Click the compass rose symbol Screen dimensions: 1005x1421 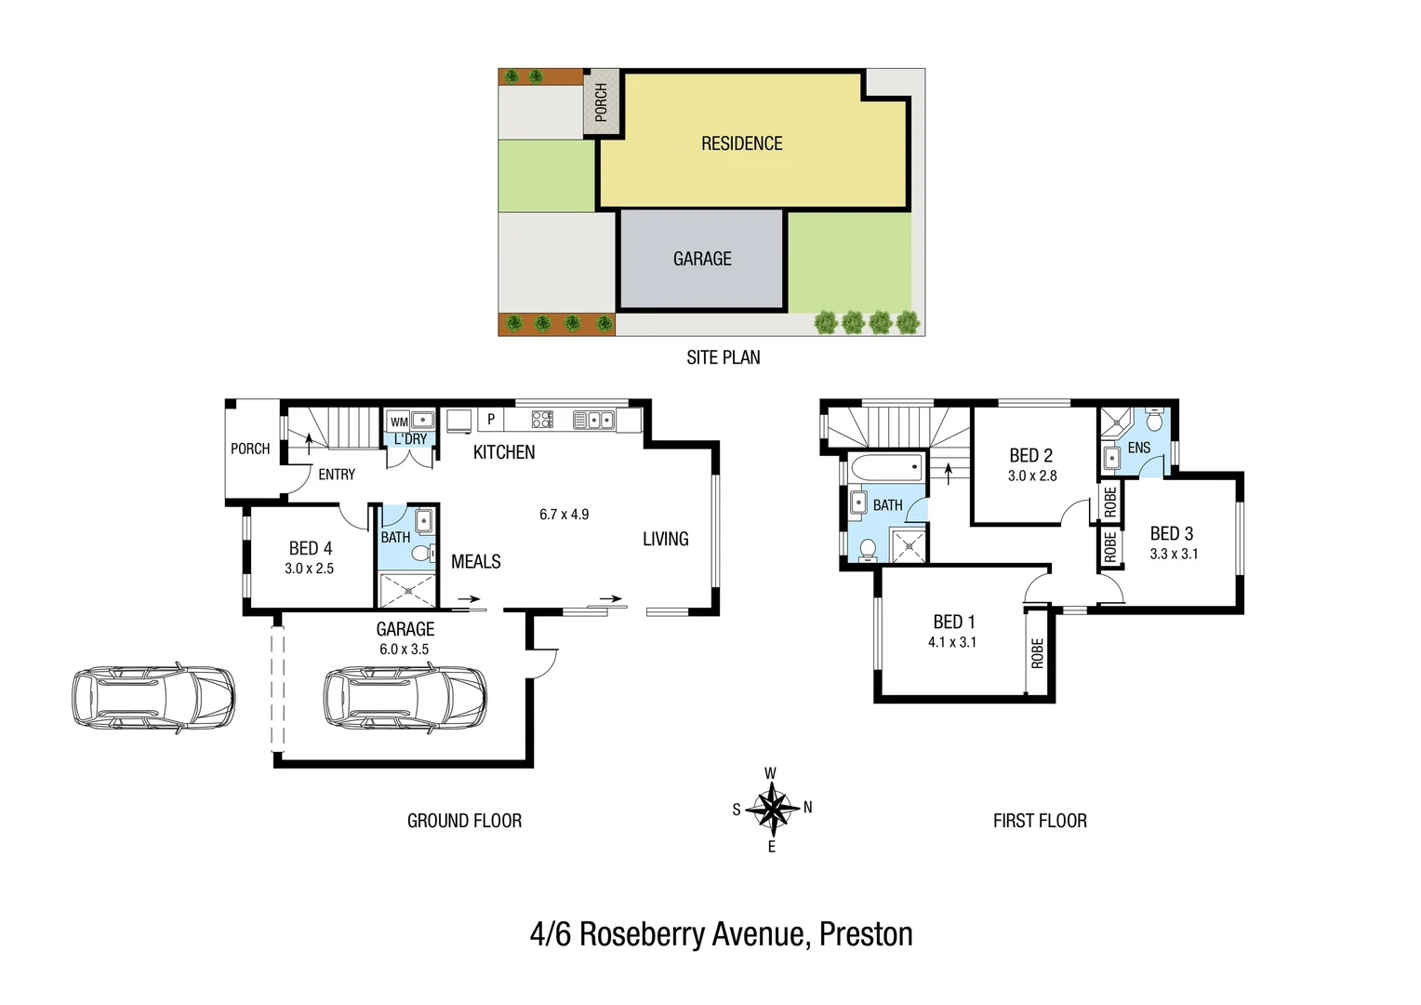click(x=772, y=808)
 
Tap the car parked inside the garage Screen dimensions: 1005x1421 click(x=405, y=697)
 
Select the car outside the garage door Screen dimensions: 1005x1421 click(x=153, y=698)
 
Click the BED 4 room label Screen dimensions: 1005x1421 click(x=311, y=548)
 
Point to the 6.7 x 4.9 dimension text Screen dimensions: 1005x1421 click(x=564, y=515)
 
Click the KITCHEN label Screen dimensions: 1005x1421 click(x=504, y=453)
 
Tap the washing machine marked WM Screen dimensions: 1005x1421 click(x=399, y=422)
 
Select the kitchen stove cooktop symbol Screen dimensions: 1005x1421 click(x=542, y=420)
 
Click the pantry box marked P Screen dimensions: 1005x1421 click(x=491, y=420)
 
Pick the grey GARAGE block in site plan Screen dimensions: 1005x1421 click(x=702, y=259)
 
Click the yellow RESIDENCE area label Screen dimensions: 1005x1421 click(x=741, y=143)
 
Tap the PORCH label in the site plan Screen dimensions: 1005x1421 click(x=602, y=101)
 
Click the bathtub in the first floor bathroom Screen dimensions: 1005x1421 click(x=886, y=467)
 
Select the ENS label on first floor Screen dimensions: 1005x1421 click(x=1139, y=449)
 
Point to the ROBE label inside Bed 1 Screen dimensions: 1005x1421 click(x=1038, y=653)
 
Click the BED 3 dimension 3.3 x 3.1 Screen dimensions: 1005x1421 click(x=1174, y=554)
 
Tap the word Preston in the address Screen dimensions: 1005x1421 click(x=866, y=934)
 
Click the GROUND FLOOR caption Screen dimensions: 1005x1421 click(x=464, y=821)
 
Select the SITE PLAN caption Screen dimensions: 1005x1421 click(x=723, y=357)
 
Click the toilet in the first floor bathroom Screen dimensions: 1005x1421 click(x=868, y=549)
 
